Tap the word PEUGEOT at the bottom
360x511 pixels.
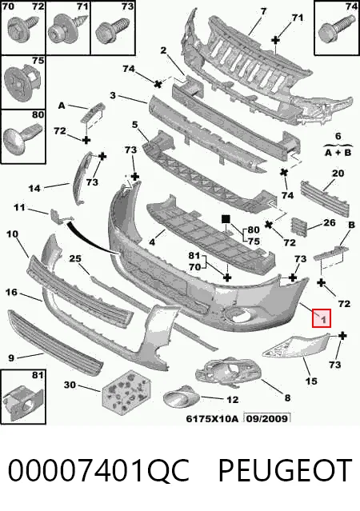pos(285,470)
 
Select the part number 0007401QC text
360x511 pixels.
pos(98,470)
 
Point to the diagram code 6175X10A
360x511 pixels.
pos(212,418)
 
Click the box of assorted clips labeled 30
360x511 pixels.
pos(127,393)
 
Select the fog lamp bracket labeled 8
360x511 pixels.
pos(228,372)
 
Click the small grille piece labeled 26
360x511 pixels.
pos(298,226)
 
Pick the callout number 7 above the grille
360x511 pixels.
pos(263,12)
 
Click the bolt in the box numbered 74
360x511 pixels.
pos(336,29)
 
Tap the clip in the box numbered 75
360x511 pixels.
pos(22,82)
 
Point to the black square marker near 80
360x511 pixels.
pos(226,219)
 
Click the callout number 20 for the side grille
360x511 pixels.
pos(338,173)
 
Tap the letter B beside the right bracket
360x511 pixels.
pos(351,225)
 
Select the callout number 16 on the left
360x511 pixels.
pos(11,292)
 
